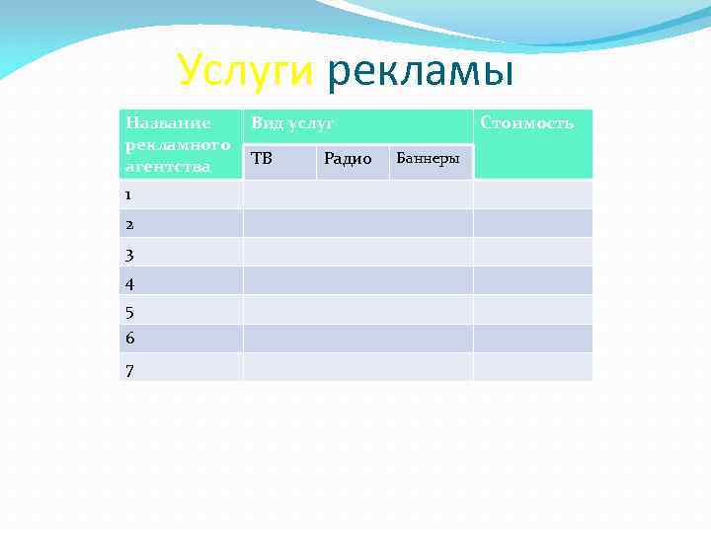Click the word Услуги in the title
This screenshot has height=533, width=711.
(244, 71)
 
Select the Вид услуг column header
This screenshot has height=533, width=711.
(293, 123)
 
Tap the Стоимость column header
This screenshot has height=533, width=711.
(526, 123)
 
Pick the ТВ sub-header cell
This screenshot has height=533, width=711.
(262, 158)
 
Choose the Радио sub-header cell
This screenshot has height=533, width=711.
(348, 159)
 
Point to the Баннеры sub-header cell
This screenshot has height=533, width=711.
(427, 159)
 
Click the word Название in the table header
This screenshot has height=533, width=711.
(168, 123)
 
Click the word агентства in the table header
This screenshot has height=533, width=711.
(168, 166)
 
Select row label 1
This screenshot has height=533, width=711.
(129, 195)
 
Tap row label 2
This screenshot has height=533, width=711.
(129, 224)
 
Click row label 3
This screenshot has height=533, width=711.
(129, 254)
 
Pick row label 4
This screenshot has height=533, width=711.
(129, 283)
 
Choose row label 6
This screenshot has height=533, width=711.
(129, 339)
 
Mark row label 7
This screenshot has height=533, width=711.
(129, 369)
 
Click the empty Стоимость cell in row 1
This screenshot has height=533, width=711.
(532, 194)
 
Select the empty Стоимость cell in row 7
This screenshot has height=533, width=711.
(532, 367)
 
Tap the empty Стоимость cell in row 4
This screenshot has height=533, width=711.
(532, 281)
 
